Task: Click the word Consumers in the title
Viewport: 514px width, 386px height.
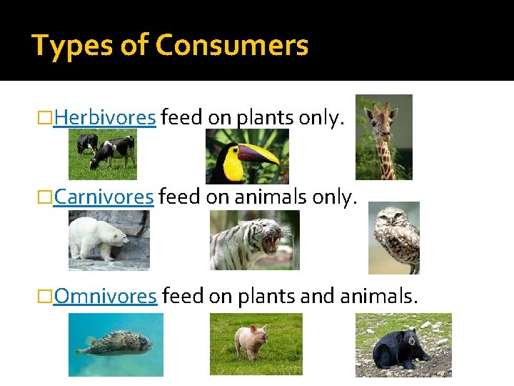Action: pos(232,46)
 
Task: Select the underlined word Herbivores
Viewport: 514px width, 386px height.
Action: pos(104,117)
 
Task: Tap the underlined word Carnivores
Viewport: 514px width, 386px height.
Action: pos(104,197)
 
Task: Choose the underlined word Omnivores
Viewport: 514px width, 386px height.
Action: pos(105,295)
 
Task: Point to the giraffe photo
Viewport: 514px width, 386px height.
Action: pos(383,137)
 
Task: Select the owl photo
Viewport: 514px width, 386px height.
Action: pos(393,237)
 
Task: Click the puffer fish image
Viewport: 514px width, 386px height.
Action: pos(116,345)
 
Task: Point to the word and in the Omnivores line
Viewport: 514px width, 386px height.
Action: pos(313,295)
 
